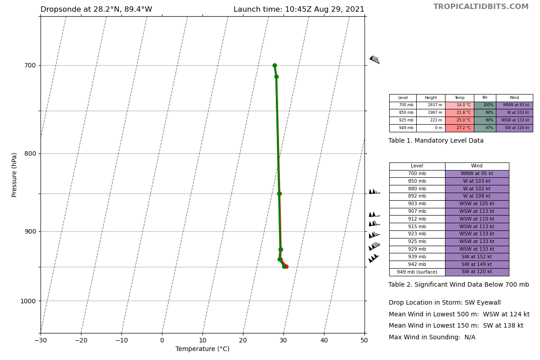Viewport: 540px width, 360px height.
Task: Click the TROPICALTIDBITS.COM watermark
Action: coord(481,7)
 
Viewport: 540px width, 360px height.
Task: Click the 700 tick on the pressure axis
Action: coord(30,66)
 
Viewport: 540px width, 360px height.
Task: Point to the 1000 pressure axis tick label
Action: coord(28,301)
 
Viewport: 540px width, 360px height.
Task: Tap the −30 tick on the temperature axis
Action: coord(40,341)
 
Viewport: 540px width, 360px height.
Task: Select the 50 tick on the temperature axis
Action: coord(364,341)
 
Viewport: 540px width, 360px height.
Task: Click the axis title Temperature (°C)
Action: coord(202,349)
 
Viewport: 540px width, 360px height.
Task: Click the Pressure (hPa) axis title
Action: coord(14,175)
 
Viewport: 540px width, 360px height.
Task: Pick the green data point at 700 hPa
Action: coord(274,66)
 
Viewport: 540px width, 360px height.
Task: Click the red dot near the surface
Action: coord(287,266)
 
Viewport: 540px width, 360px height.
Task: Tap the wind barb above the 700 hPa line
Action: coord(374,59)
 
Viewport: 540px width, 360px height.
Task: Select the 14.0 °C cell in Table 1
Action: coord(459,105)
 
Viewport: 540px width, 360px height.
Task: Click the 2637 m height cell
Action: coord(431,105)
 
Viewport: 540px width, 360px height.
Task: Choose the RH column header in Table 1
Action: coord(485,98)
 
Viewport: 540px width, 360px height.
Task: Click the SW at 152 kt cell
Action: coord(477,257)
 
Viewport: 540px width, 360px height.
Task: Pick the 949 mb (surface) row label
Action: coord(417,272)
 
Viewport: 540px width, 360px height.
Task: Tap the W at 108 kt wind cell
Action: coord(477,196)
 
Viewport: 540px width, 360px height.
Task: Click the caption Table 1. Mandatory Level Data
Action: coord(436,141)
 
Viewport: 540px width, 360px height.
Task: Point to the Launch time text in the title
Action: coord(299,9)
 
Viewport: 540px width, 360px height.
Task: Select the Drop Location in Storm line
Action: coord(445,303)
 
